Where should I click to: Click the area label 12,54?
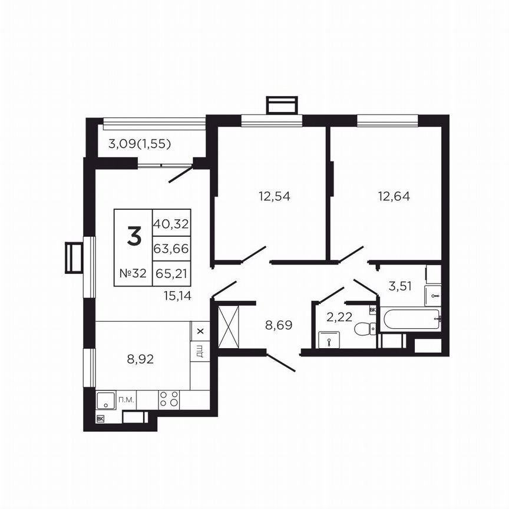coord(275,196)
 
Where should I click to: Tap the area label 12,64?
coord(394,196)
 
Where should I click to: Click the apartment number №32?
coord(133,273)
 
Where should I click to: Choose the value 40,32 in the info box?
coord(171,223)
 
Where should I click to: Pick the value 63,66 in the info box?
coord(171,249)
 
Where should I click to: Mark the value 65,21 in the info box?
coord(171,273)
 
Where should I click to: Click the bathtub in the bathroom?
coord(410,320)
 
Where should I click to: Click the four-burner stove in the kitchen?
coord(169,399)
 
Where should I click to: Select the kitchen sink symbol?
coord(106,400)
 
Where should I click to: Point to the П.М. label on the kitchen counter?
coord(127,400)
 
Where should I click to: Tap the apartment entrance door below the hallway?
coord(280,362)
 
